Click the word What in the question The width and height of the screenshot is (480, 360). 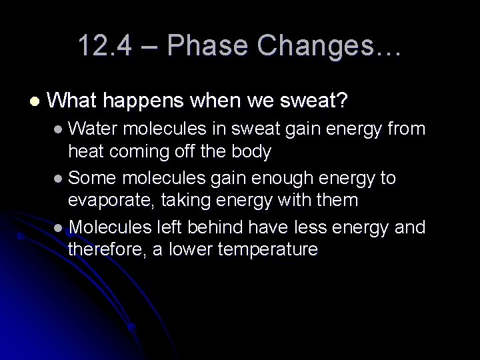[x=74, y=101]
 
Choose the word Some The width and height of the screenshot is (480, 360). [x=91, y=178]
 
